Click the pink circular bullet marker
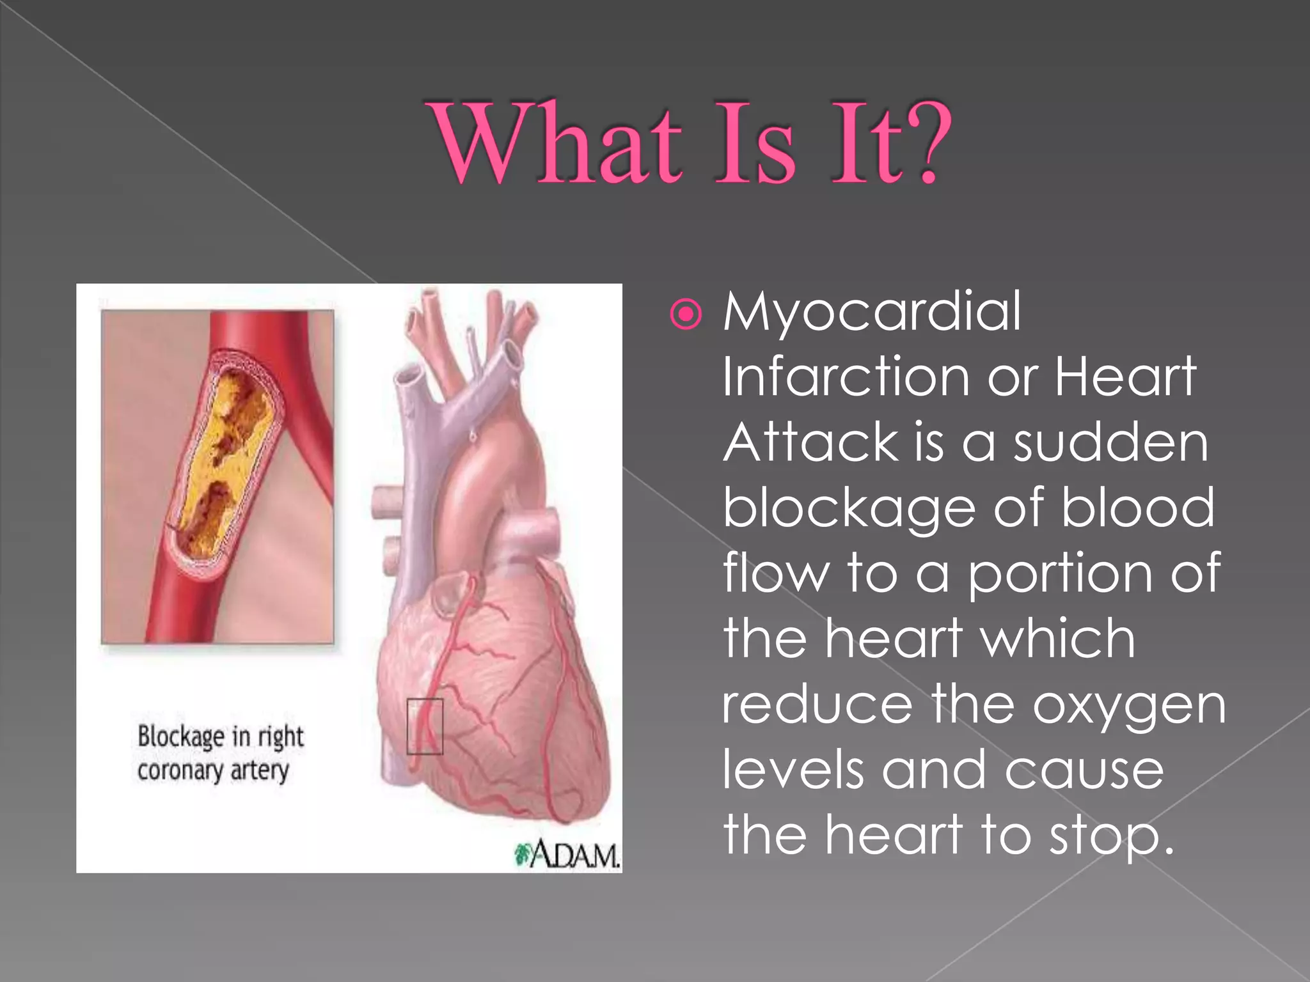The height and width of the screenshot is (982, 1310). point(686,315)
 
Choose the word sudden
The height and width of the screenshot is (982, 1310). point(1111,442)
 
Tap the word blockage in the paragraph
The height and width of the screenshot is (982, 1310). point(849,510)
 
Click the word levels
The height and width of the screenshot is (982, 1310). point(793,769)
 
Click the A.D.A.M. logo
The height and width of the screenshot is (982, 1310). point(568,855)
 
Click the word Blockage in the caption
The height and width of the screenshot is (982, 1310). point(181,737)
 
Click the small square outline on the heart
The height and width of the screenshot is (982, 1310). point(425,726)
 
